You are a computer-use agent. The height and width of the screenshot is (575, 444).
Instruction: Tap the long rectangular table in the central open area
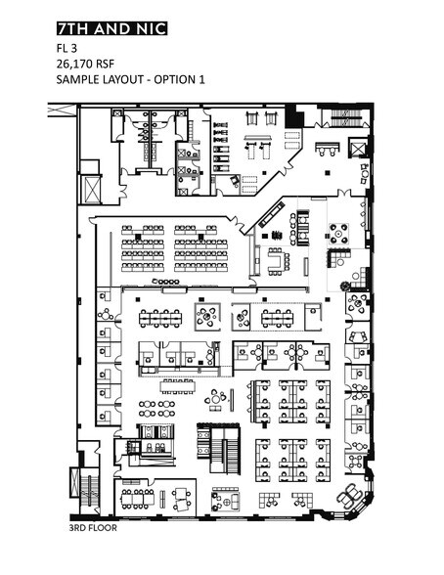coord(179,382)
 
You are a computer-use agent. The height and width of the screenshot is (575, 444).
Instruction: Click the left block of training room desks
coord(143,249)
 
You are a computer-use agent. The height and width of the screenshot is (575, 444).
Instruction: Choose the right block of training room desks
coord(200,249)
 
